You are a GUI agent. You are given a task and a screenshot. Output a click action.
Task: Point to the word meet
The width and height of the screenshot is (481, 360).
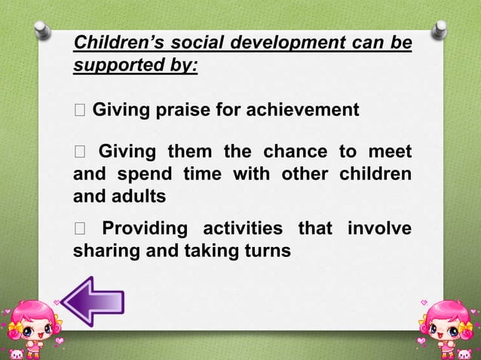pos(392,154)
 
